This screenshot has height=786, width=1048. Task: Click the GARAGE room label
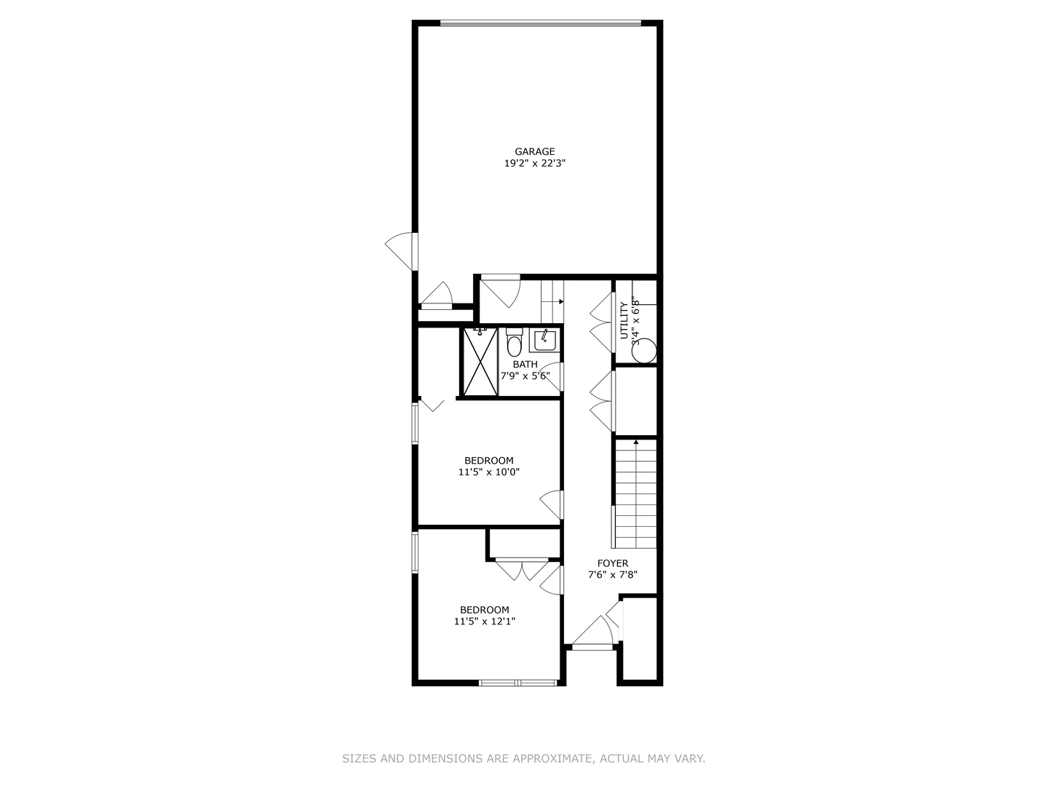(x=535, y=151)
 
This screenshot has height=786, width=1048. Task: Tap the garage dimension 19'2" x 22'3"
(x=535, y=164)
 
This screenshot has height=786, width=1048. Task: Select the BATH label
(x=525, y=365)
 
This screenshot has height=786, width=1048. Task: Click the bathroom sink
(x=544, y=340)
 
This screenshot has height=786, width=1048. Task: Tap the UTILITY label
(x=624, y=320)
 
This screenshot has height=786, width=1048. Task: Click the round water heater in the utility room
(x=644, y=351)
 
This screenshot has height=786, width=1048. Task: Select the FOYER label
(x=613, y=563)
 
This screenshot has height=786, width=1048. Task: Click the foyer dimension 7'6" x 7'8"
(x=613, y=575)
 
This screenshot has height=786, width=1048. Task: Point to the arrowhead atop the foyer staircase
(x=636, y=442)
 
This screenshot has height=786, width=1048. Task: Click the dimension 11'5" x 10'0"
(x=489, y=472)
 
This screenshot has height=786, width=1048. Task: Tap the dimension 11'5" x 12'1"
(x=485, y=622)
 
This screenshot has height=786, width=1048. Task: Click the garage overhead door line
(x=541, y=24)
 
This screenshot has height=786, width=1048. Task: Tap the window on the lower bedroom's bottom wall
(x=517, y=683)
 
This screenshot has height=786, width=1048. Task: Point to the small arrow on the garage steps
(x=560, y=301)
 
